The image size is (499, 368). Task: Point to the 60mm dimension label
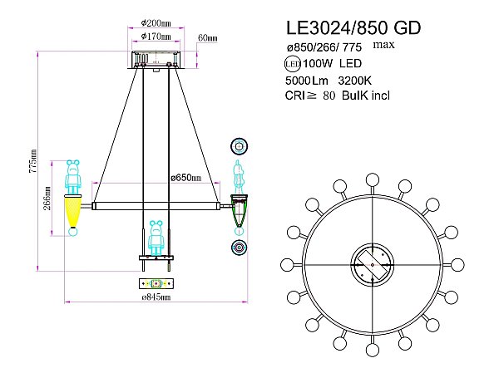point(206,37)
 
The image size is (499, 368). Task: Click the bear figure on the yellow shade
point(74,175)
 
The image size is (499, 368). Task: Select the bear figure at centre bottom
point(155,238)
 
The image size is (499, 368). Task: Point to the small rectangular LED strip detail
point(155,283)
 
